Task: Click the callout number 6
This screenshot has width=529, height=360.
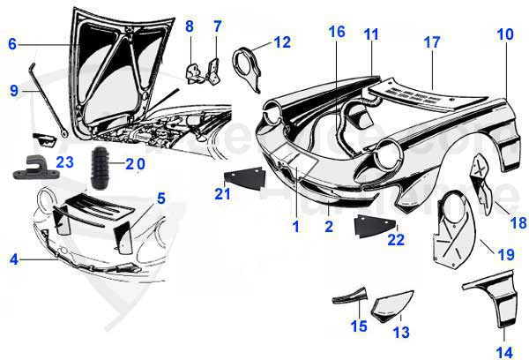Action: click(12, 43)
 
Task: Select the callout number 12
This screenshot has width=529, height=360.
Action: click(281, 41)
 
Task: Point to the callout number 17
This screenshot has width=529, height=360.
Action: click(432, 41)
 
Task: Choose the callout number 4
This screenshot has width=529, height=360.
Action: click(13, 259)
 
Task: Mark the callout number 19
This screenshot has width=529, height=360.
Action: click(505, 255)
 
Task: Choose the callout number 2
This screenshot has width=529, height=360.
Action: click(328, 227)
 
